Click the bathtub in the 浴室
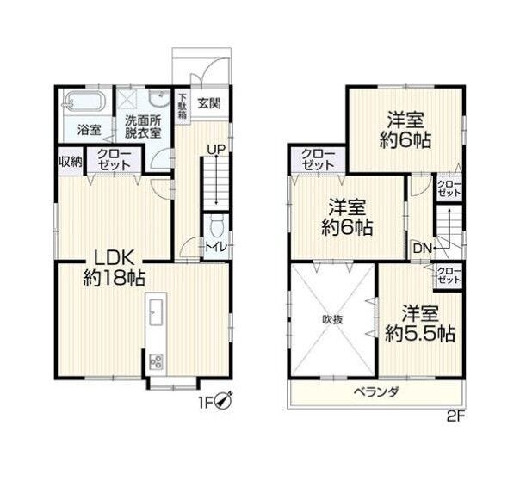(85, 102)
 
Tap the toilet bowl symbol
(216, 226)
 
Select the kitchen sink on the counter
(156, 312)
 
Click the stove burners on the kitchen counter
(156, 362)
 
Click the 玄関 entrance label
(209, 103)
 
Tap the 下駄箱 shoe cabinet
(183, 107)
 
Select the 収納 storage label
(71, 162)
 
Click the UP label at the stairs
(215, 150)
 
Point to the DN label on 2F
(422, 248)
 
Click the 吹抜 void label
(332, 320)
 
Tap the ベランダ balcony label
(376, 392)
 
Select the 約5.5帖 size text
(420, 334)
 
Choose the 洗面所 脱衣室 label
(143, 126)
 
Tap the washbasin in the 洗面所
(158, 97)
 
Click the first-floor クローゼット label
(115, 160)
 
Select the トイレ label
(216, 247)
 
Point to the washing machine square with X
(127, 99)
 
